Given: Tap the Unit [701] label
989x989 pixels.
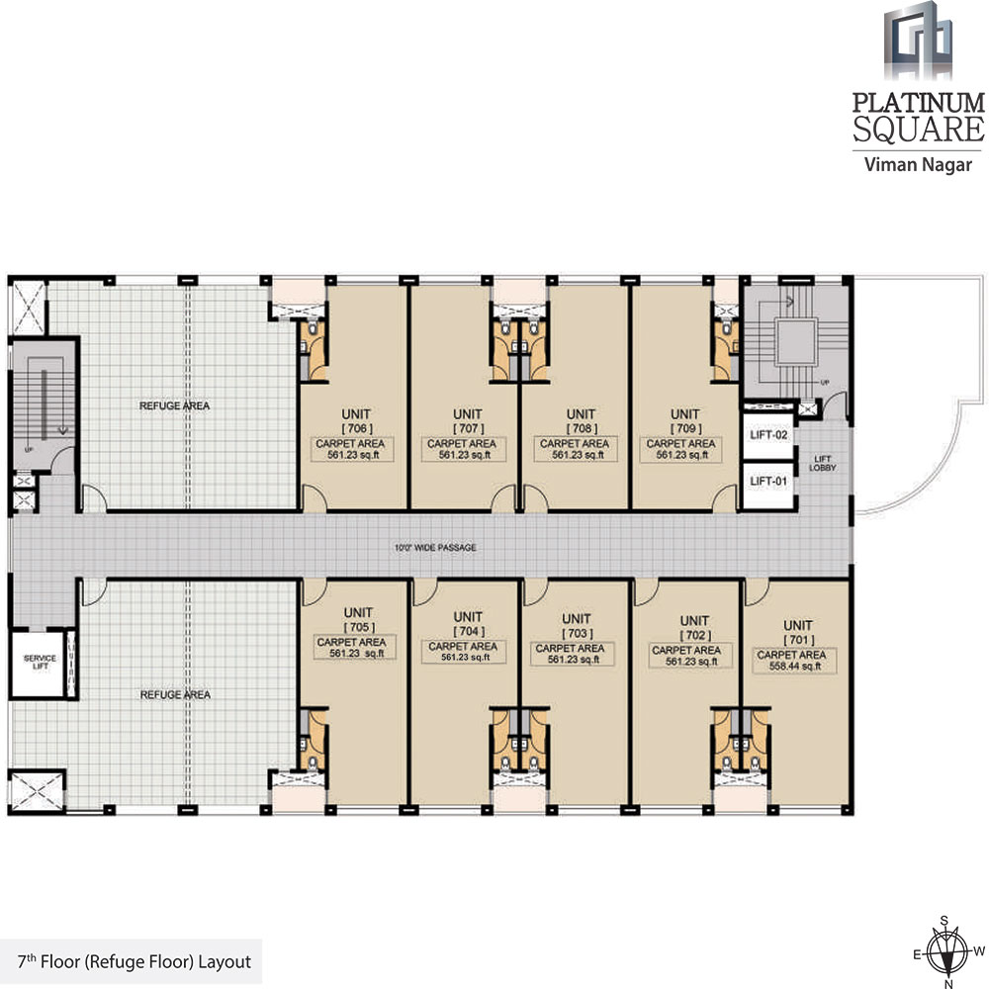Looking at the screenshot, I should click(797, 632).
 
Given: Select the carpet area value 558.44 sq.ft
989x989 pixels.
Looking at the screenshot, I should click(797, 667).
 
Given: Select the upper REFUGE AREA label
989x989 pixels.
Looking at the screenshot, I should click(174, 405).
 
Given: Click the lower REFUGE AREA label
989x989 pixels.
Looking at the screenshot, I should click(174, 694).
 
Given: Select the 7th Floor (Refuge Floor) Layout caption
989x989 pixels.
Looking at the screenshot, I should click(135, 960).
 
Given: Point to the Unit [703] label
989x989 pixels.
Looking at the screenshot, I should click(581, 624).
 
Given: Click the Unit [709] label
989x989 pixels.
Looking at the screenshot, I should click(684, 420).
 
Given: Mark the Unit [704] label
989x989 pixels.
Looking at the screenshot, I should click(467, 624).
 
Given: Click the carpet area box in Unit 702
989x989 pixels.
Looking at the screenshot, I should click(691, 657).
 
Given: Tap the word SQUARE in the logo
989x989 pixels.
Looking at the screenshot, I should click(919, 129).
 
